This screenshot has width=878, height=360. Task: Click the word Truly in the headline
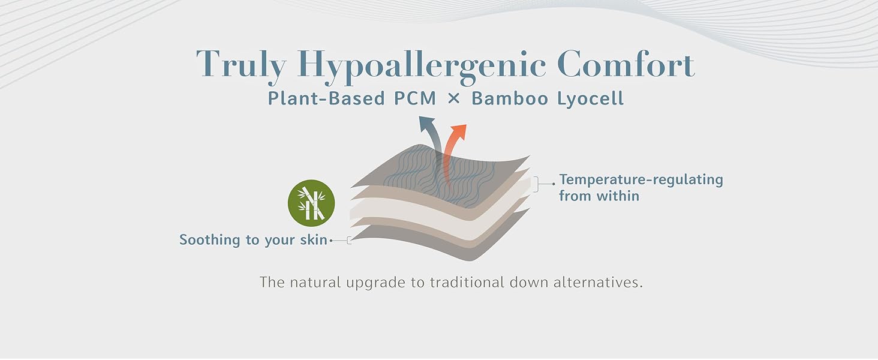pyautogui.click(x=240, y=65)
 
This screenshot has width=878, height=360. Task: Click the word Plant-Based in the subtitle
pyautogui.click(x=318, y=98)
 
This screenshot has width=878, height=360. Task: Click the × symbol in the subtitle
pyautogui.click(x=454, y=98)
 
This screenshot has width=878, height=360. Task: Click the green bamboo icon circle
pyautogui.click(x=311, y=203)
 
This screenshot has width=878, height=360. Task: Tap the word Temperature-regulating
pyautogui.click(x=641, y=179)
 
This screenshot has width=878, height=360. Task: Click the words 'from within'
pyautogui.click(x=599, y=196)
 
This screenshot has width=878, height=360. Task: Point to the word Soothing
pyautogui.click(x=209, y=240)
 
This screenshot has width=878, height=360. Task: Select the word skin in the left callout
pyautogui.click(x=313, y=240)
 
